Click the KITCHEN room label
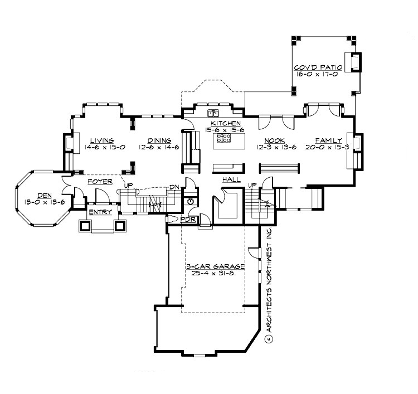click(x=226, y=123)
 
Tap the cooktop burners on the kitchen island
click(x=224, y=137)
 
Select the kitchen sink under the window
click(x=212, y=113)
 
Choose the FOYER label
click(x=100, y=182)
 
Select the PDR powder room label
click(x=188, y=221)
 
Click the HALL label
click(x=231, y=179)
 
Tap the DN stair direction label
click(x=174, y=187)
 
